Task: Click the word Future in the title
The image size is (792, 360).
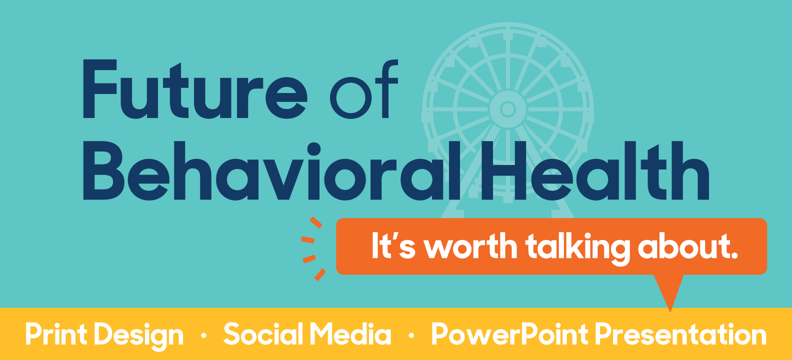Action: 194,89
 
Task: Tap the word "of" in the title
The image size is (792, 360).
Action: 364,89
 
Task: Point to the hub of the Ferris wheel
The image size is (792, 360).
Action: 508,109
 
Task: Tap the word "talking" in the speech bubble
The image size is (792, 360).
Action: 577,248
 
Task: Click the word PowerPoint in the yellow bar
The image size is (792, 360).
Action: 510,334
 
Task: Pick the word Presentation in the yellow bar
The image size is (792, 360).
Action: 680,334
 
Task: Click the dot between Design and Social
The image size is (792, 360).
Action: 203,335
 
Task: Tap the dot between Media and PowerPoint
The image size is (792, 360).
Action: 411,335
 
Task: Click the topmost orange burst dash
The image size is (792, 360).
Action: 315,222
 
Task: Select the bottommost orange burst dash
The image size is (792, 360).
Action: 320,275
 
